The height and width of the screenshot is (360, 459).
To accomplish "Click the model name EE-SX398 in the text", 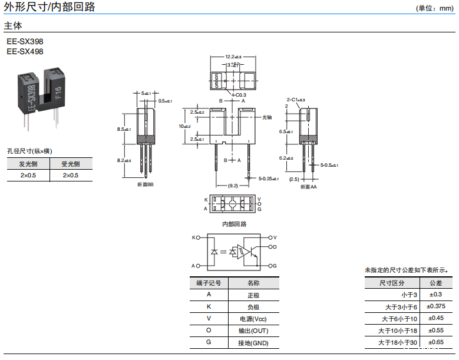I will click(x=25, y=42).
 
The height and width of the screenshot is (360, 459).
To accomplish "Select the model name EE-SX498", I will click(x=25, y=51).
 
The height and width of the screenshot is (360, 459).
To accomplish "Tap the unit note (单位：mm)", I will click(x=434, y=8).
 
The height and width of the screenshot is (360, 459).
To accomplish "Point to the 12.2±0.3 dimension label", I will click(x=233, y=57).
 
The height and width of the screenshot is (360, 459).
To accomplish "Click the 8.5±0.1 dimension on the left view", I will click(x=125, y=129).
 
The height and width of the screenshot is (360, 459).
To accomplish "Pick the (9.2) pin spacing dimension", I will click(x=233, y=186).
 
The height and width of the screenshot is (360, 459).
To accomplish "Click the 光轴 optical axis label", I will click(x=266, y=117).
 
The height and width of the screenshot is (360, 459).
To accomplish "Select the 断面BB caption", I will click(x=145, y=185).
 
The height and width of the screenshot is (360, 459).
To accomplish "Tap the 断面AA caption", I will click(x=308, y=187).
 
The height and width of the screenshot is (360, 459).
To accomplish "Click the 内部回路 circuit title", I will click(x=234, y=224).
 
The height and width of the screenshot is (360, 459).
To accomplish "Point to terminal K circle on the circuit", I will click(x=198, y=238).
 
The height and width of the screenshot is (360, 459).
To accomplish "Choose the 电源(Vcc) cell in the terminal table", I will click(x=253, y=319).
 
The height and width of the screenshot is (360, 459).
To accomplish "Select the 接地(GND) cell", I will click(x=253, y=343).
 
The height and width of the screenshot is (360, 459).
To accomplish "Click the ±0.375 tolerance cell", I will click(x=436, y=306).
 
